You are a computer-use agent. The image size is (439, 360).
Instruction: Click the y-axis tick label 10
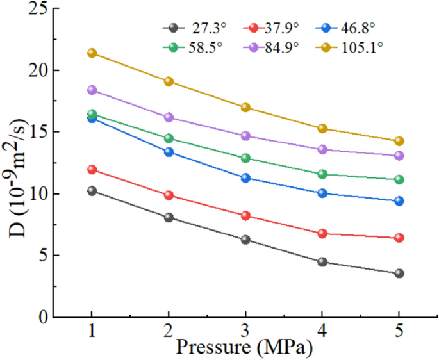pyautogui.click(x=36, y=193)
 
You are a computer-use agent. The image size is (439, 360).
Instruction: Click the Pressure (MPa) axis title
pyautogui.click(x=245, y=349)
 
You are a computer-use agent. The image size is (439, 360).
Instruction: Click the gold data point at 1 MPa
pyautogui.click(x=92, y=53)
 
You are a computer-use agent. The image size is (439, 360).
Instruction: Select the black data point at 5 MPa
pyautogui.click(x=399, y=274)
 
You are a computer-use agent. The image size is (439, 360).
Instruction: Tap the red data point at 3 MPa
pyautogui.click(x=245, y=216)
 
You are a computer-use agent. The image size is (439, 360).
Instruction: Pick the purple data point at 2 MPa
pyautogui.click(x=169, y=117)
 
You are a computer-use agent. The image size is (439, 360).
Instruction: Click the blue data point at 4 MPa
pyautogui.click(x=322, y=193)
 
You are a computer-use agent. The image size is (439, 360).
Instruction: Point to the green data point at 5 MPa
pyautogui.click(x=399, y=180)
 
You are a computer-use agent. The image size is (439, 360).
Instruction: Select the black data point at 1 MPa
pyautogui.click(x=92, y=191)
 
